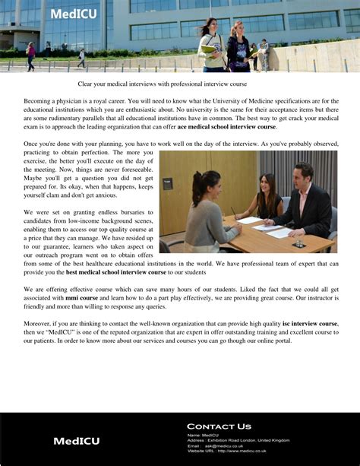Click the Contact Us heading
point(219,426)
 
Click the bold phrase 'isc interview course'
point(310,323)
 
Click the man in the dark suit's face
point(303,173)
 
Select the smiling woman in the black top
point(269,196)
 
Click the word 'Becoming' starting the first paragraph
point(39,101)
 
